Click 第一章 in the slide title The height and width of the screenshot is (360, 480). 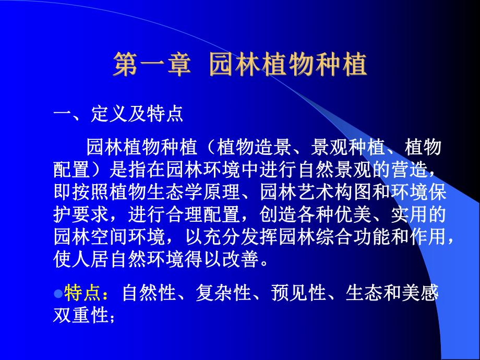150,66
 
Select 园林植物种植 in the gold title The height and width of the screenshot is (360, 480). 287,66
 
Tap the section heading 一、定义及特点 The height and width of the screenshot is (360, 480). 119,115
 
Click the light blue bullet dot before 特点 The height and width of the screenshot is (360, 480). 58,292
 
